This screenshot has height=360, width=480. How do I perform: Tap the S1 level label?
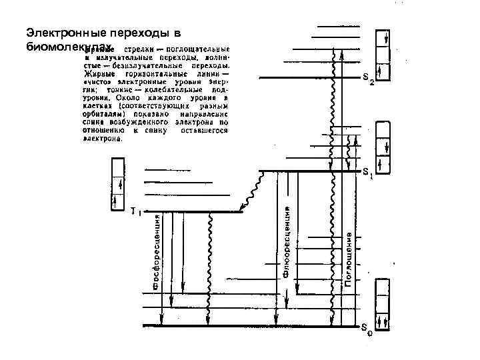[x=368, y=172]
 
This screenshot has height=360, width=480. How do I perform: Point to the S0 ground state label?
[x=367, y=327]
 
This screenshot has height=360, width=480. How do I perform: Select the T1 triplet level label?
[x=135, y=212]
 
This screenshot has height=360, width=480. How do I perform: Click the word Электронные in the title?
[x=57, y=33]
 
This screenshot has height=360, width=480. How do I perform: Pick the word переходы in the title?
[x=133, y=33]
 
